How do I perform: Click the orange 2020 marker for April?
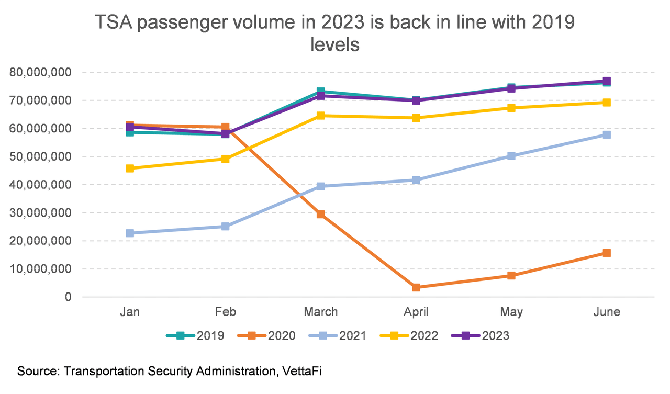tap(416, 287)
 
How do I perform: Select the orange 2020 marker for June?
tap(607, 253)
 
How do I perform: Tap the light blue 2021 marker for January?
tap(130, 233)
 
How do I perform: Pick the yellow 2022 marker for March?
tap(321, 116)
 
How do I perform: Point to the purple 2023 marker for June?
tap(607, 81)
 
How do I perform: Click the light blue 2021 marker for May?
tap(511, 156)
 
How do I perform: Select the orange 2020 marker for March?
tap(321, 214)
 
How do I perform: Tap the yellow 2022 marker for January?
tap(130, 168)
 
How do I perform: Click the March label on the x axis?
tap(321, 312)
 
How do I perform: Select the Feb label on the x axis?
tap(226, 312)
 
